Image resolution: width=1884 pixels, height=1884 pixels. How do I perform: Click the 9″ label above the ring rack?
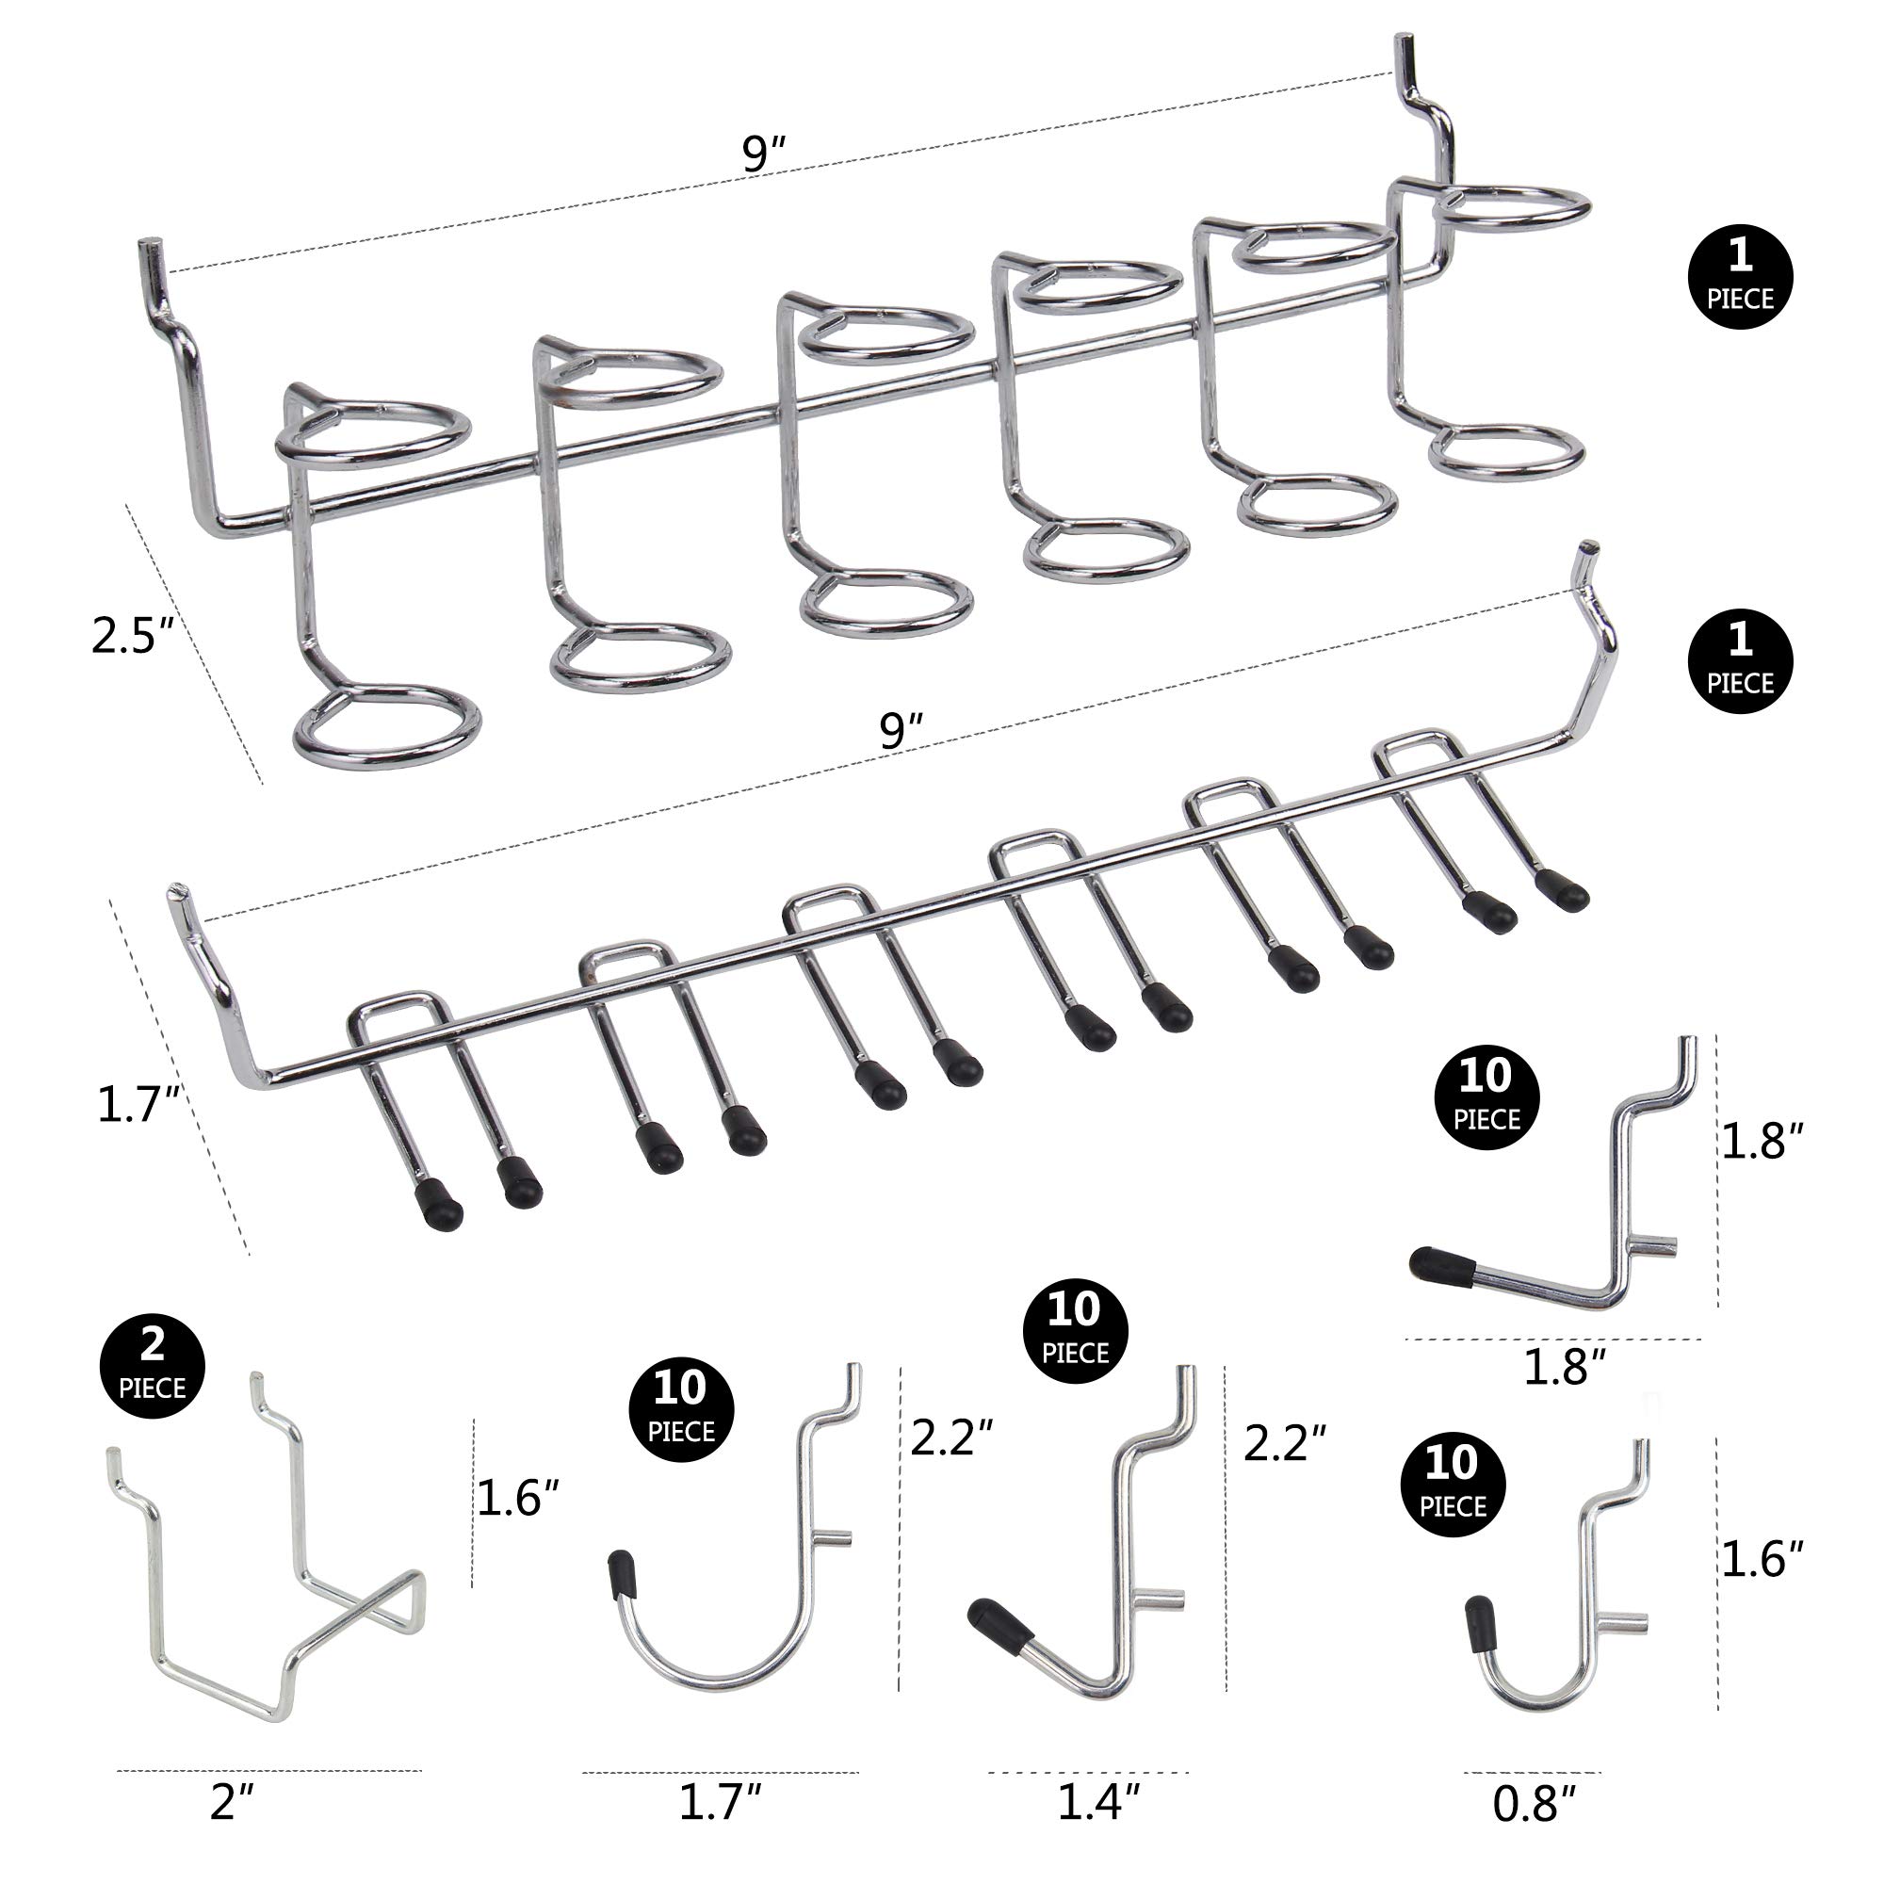pyautogui.click(x=763, y=154)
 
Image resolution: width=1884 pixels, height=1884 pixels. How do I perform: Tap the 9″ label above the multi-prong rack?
pyautogui.click(x=900, y=731)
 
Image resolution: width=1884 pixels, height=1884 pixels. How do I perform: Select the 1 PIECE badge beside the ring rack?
pyautogui.click(x=1740, y=275)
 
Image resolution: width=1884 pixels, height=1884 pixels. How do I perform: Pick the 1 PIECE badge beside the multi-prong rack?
pyautogui.click(x=1740, y=660)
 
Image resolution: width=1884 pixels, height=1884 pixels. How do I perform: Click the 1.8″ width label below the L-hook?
pyautogui.click(x=1564, y=1367)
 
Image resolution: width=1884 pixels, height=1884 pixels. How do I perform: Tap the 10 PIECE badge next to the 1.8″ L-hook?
pyautogui.click(x=1486, y=1097)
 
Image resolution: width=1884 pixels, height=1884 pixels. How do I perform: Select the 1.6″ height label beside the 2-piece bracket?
pyautogui.click(x=517, y=1498)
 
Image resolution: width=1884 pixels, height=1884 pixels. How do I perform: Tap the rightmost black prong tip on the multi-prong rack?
pyautogui.click(x=1562, y=890)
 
